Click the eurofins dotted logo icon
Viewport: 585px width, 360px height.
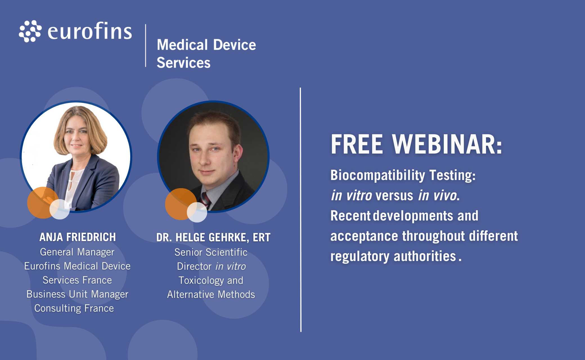coord(30,31)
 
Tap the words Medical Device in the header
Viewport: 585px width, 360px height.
coord(206,45)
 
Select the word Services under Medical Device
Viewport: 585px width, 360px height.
coord(183,62)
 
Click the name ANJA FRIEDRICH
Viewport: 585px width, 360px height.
coord(77,237)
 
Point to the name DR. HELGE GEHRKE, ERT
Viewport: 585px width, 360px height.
coord(213,237)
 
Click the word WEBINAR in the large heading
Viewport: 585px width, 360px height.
coord(447,144)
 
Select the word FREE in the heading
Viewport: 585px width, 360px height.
coord(357,144)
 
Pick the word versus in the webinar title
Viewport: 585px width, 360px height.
coord(394,195)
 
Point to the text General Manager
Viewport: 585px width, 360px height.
coord(77,252)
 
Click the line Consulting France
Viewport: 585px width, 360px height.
coord(74,308)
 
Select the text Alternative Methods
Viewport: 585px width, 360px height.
coord(211,294)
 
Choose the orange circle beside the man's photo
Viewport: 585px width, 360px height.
coord(181,204)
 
